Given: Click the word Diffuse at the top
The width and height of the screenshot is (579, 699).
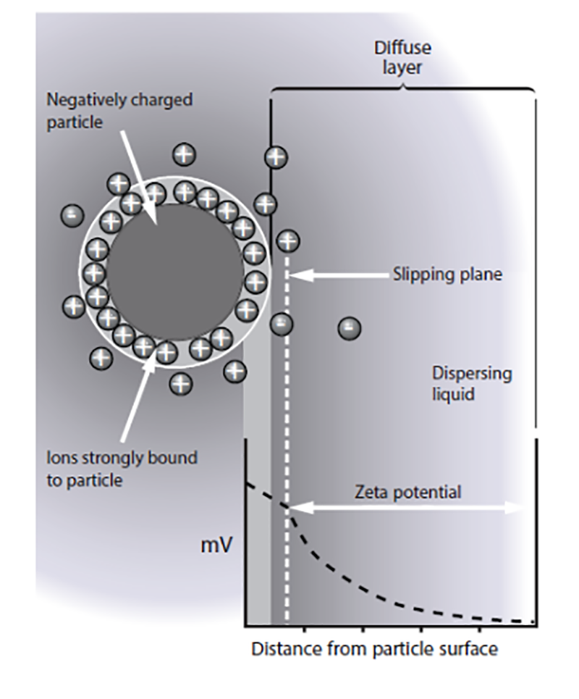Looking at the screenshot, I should (x=402, y=49).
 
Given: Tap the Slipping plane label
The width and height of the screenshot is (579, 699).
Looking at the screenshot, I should (x=447, y=275).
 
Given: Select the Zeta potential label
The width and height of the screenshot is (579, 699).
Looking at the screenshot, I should (x=407, y=493).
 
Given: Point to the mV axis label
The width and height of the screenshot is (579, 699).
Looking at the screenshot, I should (x=216, y=545).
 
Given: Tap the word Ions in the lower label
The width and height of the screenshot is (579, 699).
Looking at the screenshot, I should (x=61, y=459).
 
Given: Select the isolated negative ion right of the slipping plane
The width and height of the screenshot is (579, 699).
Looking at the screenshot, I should (x=349, y=328).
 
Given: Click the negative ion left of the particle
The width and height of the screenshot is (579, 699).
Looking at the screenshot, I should (x=71, y=215).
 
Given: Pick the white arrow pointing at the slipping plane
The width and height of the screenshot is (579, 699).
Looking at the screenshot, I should (x=340, y=275).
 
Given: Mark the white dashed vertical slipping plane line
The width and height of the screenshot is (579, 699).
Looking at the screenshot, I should (x=287, y=435).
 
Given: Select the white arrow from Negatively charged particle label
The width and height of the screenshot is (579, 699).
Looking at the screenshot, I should (x=142, y=174).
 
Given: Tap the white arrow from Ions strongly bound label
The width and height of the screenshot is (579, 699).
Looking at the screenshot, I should (x=138, y=395).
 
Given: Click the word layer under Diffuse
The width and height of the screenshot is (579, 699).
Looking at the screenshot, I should (x=402, y=68).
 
